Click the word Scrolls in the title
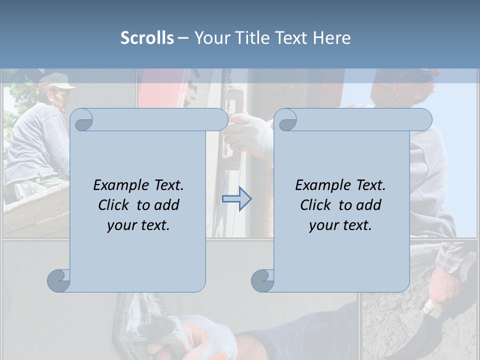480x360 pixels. [147, 38]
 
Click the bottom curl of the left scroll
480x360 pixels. [59, 280]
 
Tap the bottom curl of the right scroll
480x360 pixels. [262, 280]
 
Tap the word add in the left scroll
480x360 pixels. [167, 205]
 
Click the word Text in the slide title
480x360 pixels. [292, 38]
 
